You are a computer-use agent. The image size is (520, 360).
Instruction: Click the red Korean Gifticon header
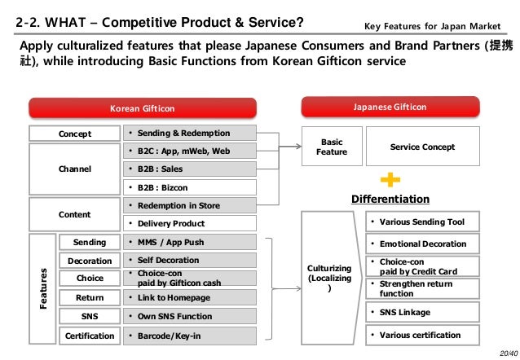coord(143,108)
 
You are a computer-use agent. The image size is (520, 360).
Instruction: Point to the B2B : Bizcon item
coord(188,187)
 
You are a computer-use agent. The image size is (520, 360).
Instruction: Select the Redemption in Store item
coord(188,205)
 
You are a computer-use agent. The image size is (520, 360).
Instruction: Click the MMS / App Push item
coord(188,242)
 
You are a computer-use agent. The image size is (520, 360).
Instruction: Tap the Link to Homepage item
coord(188,297)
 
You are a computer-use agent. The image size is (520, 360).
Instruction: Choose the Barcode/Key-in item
coord(188,335)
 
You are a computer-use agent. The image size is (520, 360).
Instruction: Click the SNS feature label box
coord(90,316)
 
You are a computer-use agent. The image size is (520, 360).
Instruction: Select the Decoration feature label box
coord(90,261)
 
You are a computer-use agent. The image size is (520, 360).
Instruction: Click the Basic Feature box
coord(332,147)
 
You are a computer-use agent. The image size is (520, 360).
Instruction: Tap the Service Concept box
coord(422,147)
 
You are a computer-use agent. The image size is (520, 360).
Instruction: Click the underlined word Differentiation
coord(390,199)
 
